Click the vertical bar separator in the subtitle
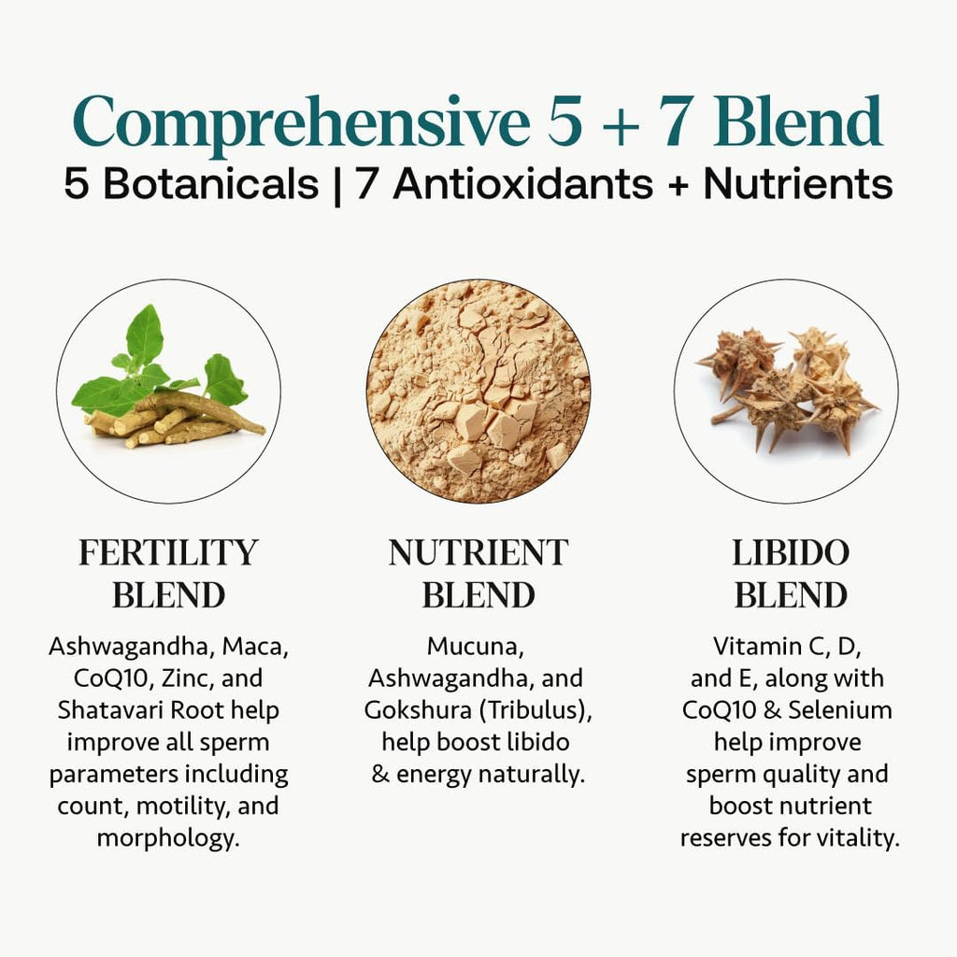pos(337,185)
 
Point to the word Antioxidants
pos(523,183)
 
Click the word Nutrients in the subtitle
pos(798,183)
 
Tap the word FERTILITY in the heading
pos(168,552)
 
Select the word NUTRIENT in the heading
pos(478,552)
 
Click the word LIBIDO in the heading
pos(791,552)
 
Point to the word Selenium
pos(840,710)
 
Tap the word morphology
pos(168,838)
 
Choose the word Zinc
pos(189,678)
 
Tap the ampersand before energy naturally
pos(380,774)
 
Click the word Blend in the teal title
pos(798,121)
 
